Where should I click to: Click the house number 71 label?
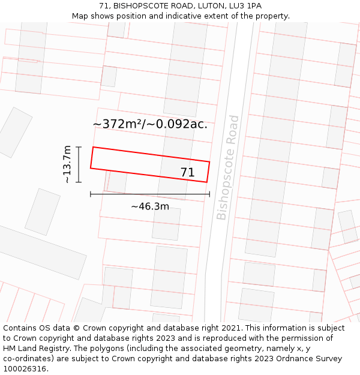click(x=187, y=173)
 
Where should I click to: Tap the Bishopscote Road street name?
click(x=228, y=167)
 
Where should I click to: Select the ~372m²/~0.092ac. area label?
click(x=150, y=124)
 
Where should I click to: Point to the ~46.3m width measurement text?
click(x=150, y=206)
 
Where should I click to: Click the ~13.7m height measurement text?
click(x=67, y=164)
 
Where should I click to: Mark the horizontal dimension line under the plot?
click(x=150, y=194)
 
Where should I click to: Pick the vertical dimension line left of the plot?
click(x=79, y=164)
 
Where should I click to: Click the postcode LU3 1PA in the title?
click(x=245, y=6)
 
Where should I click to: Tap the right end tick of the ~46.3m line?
click(x=209, y=194)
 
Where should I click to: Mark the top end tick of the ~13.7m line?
click(x=79, y=146)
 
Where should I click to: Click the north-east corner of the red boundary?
click(x=209, y=162)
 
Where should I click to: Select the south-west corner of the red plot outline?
click(x=91, y=168)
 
